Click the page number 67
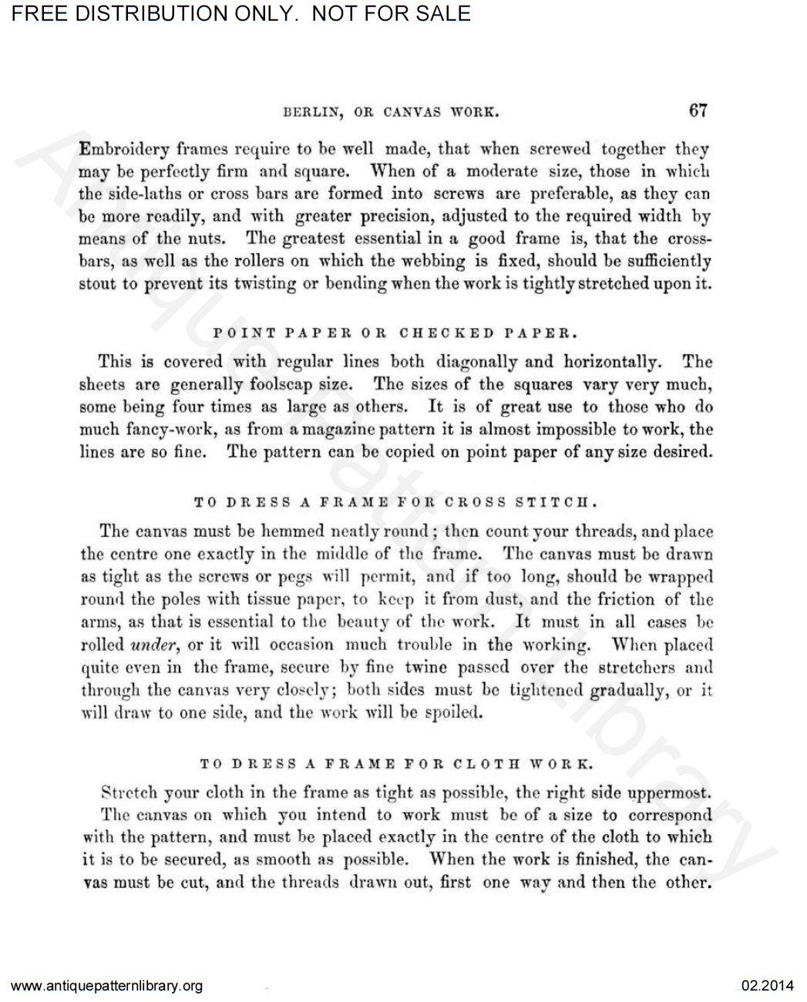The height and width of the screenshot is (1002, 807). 698,110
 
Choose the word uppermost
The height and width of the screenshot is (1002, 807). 669,792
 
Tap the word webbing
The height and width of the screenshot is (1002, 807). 431,261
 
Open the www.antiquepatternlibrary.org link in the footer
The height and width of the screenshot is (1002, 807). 108,986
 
